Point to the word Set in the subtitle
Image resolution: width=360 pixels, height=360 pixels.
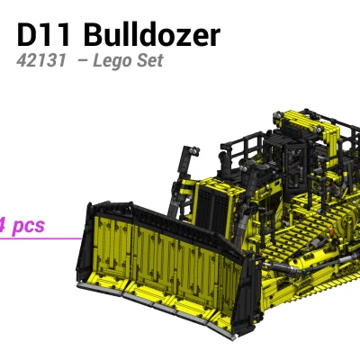(149, 62)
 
